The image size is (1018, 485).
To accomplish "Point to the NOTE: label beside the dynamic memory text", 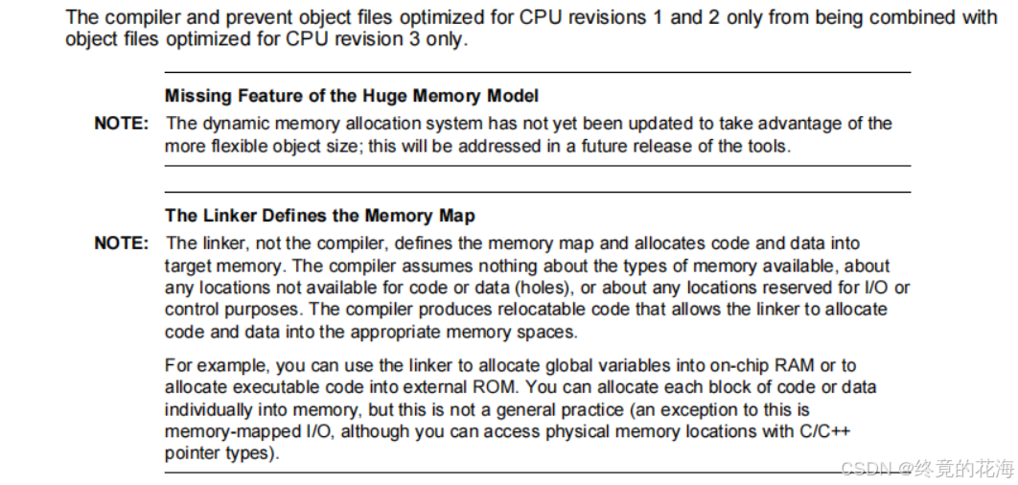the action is [121, 124].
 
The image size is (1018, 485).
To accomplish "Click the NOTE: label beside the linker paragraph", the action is [121, 243].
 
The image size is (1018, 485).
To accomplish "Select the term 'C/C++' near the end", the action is [823, 431].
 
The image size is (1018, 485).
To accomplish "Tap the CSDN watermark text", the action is [927, 469].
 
